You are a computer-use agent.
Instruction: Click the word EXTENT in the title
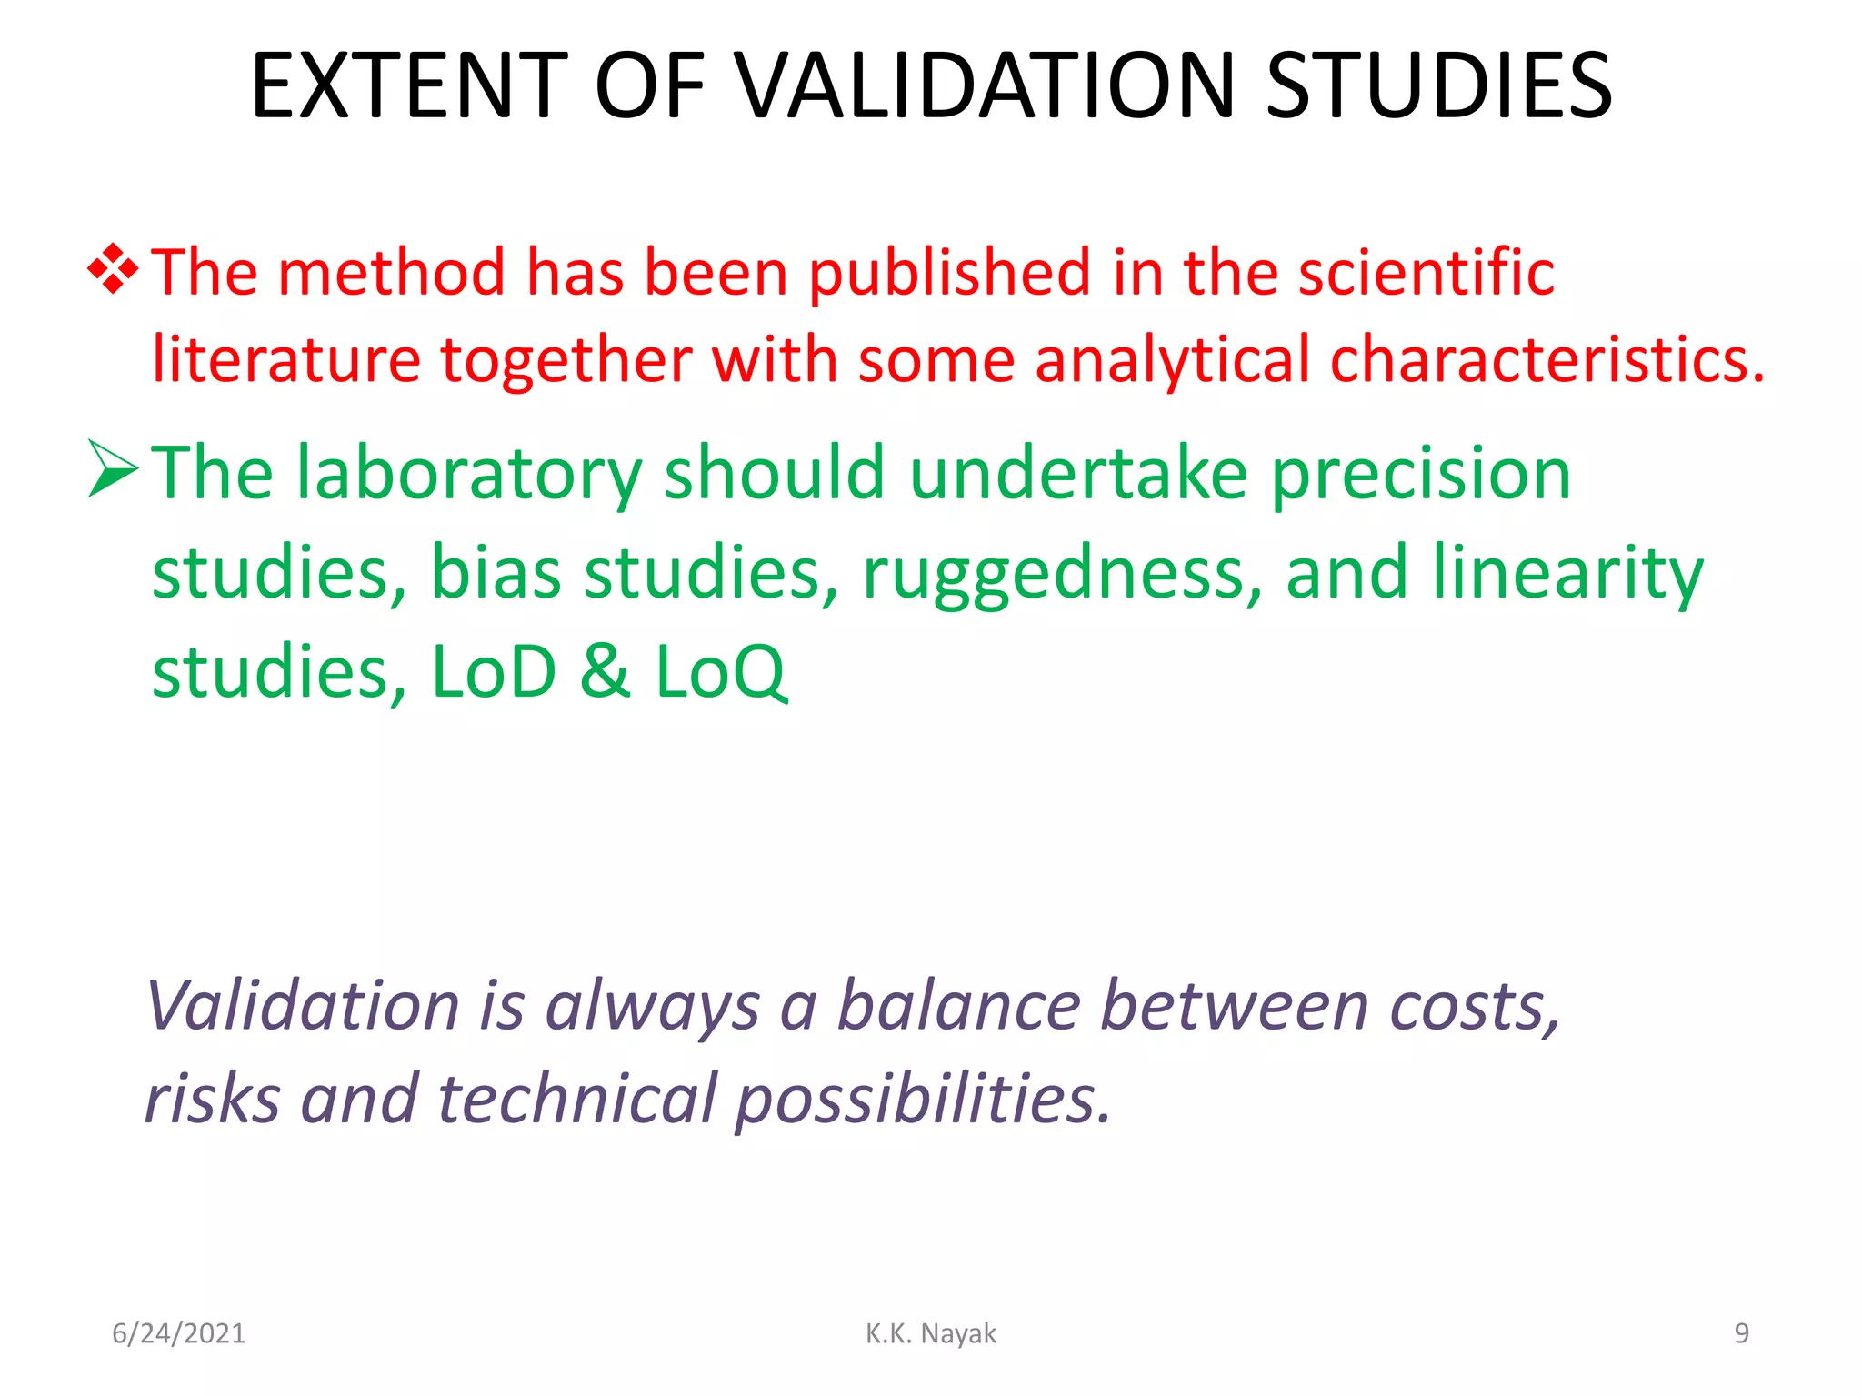click(x=409, y=85)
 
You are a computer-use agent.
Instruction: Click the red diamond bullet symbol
click(x=113, y=269)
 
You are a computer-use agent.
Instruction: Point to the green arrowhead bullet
click(x=113, y=469)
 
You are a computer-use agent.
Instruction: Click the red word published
click(x=949, y=273)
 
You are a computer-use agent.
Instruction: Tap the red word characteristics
click(x=1546, y=359)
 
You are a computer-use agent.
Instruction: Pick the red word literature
click(x=285, y=359)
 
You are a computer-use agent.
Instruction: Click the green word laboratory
click(x=469, y=475)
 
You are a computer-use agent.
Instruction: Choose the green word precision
click(x=1420, y=475)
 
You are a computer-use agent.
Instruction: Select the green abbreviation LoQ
click(x=720, y=673)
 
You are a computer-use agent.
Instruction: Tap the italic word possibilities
click(x=922, y=1099)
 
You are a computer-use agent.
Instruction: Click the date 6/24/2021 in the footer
click(x=178, y=1333)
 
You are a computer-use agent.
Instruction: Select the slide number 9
click(x=1740, y=1333)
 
